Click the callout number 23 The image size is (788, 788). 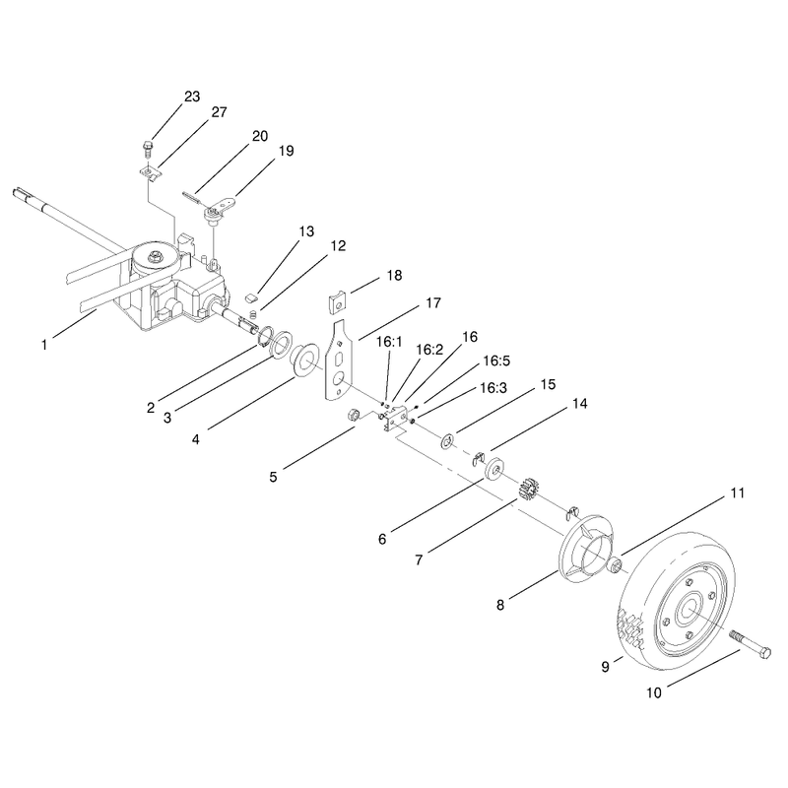192,96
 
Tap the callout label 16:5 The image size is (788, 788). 496,361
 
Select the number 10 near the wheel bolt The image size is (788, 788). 654,693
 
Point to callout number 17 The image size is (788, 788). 433,303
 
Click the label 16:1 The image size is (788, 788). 389,342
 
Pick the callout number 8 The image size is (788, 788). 500,605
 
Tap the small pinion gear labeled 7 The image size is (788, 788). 528,488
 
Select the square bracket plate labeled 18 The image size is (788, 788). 338,303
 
